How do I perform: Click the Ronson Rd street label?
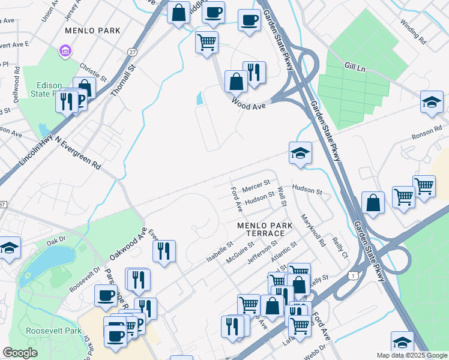[x=427, y=133]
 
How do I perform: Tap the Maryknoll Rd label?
[x=313, y=230]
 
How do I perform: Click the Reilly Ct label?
[x=340, y=246]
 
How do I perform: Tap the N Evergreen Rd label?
[x=78, y=149]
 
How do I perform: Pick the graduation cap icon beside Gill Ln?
[x=432, y=101]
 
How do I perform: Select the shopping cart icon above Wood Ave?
[x=206, y=42]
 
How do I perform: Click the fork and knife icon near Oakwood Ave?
[x=164, y=250]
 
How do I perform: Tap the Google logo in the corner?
[x=20, y=353]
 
